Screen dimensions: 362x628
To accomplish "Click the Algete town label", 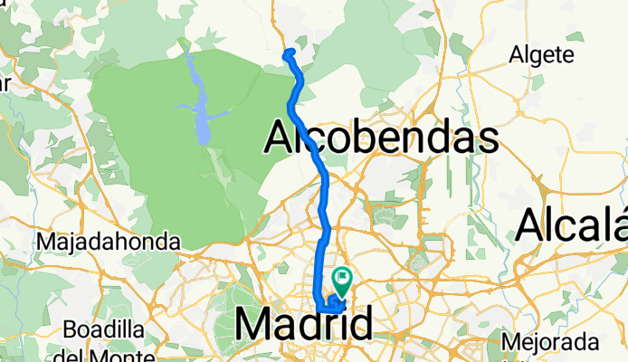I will point(542,55).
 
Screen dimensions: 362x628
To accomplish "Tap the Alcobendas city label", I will point(381,138).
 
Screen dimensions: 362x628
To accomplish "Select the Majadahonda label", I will point(109,243).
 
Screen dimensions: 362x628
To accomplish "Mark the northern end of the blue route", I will point(288,53).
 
